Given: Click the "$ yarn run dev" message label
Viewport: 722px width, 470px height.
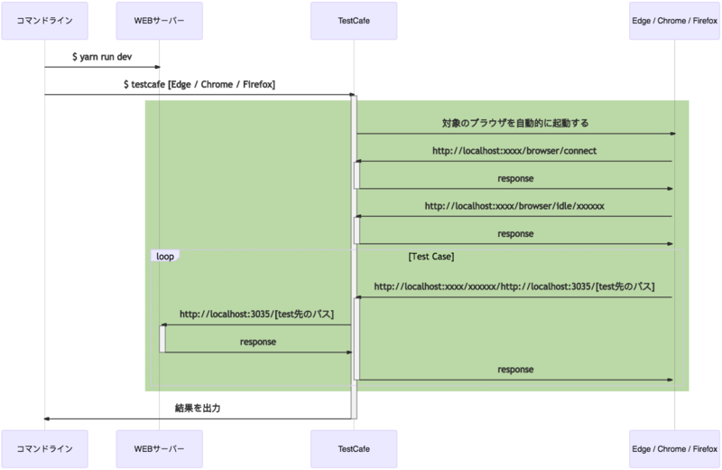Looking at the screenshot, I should (x=102, y=56).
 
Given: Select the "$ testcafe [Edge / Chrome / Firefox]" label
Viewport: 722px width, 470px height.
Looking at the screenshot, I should (x=199, y=84).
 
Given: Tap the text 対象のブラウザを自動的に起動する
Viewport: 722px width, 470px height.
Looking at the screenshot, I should (x=515, y=123).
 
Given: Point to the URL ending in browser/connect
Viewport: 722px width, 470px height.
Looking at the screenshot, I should (x=515, y=150).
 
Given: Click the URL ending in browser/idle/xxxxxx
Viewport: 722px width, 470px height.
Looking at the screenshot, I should (x=514, y=206).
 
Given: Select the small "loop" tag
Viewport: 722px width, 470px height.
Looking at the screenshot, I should (x=164, y=257).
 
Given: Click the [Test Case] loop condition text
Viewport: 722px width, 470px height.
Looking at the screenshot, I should (x=430, y=257).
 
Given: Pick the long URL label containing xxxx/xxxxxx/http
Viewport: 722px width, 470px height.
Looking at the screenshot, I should (x=514, y=287).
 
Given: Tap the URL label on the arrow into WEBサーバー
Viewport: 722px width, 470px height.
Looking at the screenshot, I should (x=256, y=315).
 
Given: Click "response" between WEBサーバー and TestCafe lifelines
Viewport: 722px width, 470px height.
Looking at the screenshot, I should (x=257, y=342).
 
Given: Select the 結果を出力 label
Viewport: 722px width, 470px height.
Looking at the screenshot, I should (x=198, y=409).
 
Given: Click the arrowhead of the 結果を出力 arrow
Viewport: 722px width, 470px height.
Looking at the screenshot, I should (x=48, y=418).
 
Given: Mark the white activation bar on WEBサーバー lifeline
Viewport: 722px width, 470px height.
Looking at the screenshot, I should (x=162, y=338).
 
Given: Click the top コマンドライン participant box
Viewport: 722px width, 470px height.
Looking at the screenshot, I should (x=44, y=20).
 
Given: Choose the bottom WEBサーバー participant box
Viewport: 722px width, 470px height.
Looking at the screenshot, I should (x=160, y=448).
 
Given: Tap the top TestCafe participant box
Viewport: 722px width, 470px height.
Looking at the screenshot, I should (x=354, y=20).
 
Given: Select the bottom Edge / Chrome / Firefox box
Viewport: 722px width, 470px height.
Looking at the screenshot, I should (x=674, y=448).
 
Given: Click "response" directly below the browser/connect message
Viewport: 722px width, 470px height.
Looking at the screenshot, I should (x=515, y=178).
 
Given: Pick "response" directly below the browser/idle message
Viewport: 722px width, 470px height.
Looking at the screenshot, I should (x=515, y=233).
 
